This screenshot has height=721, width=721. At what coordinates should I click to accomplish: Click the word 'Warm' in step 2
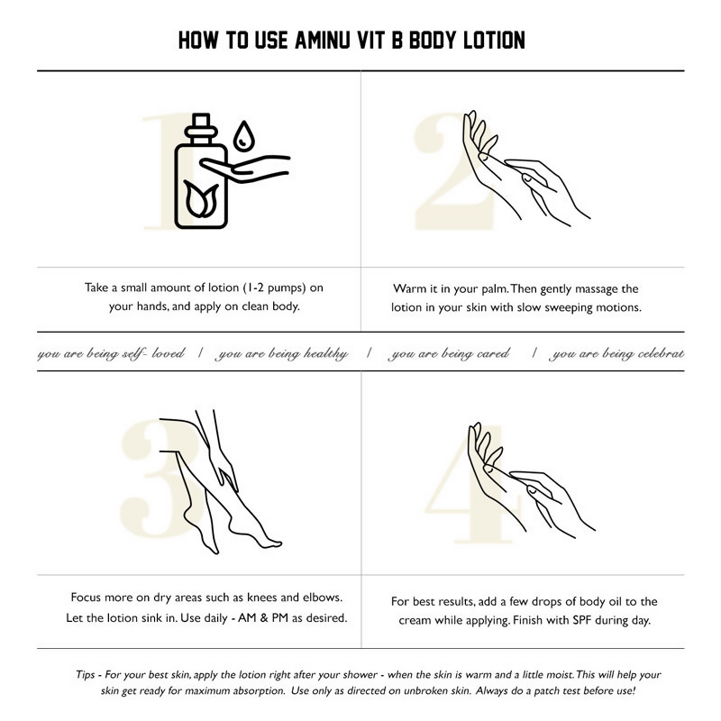pyautogui.click(x=409, y=289)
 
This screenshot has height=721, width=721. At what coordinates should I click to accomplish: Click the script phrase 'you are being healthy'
pyautogui.click(x=283, y=354)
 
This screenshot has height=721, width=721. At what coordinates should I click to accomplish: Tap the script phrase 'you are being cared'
pyautogui.click(x=450, y=354)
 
